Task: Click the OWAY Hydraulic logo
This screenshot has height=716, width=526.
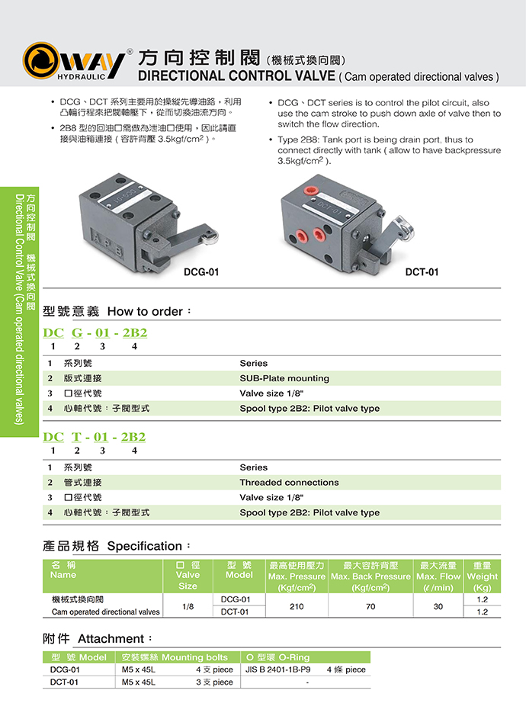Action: tap(75, 60)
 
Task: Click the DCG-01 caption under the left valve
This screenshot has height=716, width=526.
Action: tap(201, 272)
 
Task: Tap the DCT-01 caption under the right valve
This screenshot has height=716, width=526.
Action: tap(422, 272)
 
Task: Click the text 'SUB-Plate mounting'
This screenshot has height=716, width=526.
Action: tap(284, 378)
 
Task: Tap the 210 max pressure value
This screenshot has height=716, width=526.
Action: tap(297, 605)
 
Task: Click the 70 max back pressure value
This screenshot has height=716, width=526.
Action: tap(370, 605)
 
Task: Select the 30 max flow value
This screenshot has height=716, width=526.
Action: tap(438, 605)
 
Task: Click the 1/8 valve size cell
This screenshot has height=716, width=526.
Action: tap(188, 605)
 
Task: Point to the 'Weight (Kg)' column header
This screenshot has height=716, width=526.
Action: tap(482, 576)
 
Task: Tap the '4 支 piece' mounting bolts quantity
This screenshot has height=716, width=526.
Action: tap(214, 669)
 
